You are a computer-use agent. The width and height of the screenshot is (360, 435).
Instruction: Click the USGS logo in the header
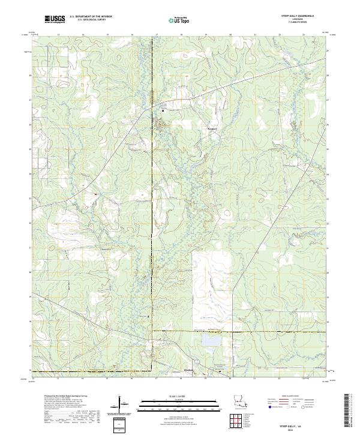click(55, 19)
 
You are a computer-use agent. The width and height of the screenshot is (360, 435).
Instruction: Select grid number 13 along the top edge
click(58, 35)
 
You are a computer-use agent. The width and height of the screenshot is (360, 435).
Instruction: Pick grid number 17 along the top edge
click(157, 35)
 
